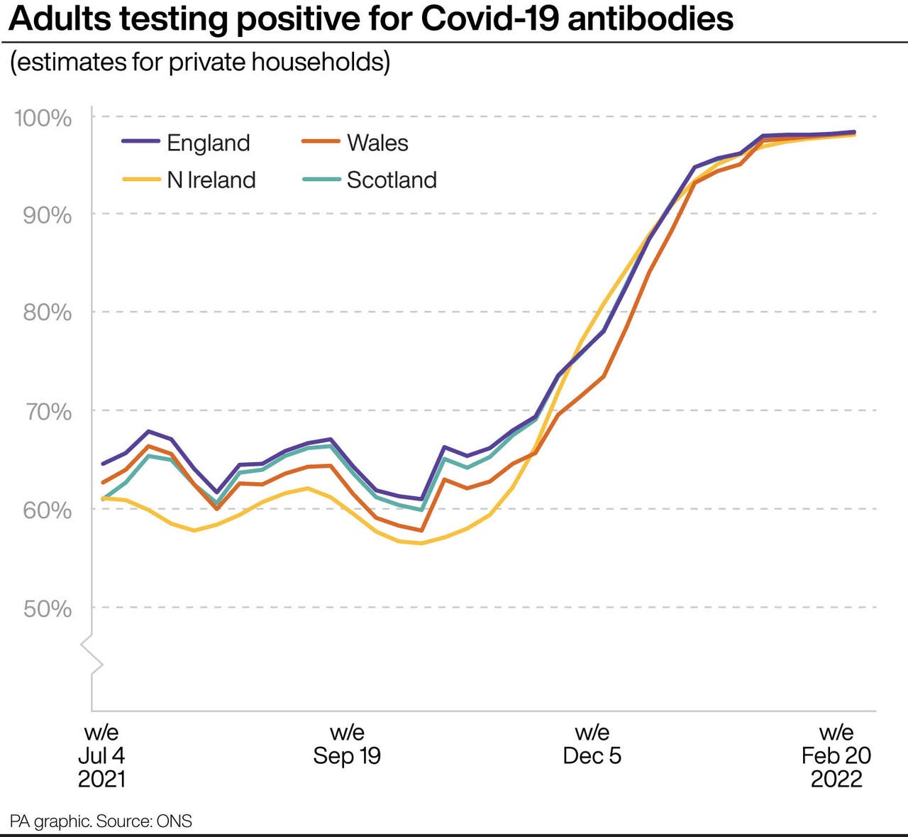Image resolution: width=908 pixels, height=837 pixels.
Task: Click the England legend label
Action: pos(208,143)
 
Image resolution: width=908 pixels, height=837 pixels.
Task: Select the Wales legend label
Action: pos(377,143)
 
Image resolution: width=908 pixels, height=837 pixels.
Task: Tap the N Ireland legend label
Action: pos(211,180)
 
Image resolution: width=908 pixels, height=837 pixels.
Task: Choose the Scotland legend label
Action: pos(391,180)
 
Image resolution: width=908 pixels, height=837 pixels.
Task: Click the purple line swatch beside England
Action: pos(140,142)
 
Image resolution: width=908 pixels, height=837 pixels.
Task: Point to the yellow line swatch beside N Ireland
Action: pos(140,180)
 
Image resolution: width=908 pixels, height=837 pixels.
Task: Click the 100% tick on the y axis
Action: pos(43,118)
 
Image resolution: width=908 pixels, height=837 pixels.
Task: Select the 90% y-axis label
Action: pos(47,215)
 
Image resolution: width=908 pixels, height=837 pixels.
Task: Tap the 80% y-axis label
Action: pos(47,313)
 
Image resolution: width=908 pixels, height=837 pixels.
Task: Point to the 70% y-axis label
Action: pos(47,412)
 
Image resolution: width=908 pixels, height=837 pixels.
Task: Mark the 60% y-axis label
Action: pos(47,510)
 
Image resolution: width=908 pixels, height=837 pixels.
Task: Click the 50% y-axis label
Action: pos(47,608)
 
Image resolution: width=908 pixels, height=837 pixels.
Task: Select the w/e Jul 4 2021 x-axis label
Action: pos(101,755)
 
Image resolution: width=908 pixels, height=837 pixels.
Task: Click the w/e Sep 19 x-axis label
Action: pos(347,744)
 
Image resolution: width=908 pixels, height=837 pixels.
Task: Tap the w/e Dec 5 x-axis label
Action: pos(592,744)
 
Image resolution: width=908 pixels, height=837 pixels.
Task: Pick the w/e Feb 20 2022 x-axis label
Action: pos(836,755)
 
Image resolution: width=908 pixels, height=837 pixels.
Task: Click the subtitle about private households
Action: pos(200,62)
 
